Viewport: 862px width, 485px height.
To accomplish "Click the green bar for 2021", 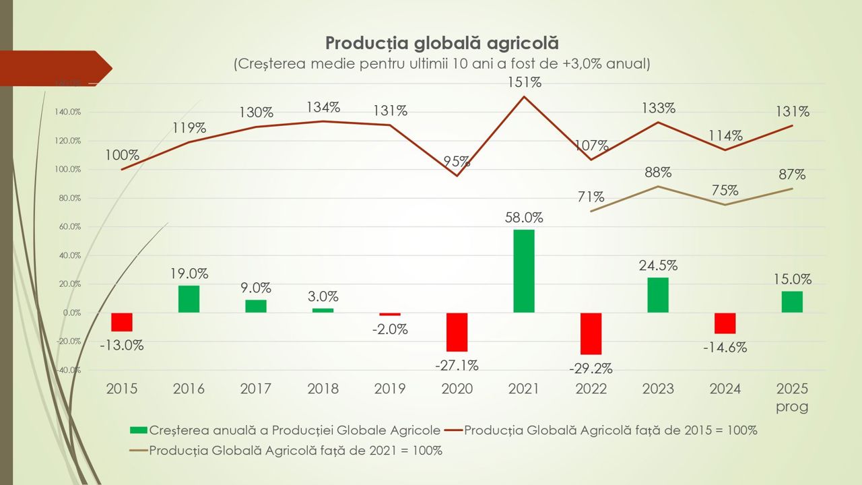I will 524,271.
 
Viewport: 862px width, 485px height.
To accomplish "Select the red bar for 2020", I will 457,332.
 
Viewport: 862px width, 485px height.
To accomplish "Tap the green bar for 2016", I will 189,298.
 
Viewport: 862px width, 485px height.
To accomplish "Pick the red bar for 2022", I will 591,333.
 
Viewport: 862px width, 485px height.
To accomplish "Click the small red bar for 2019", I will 390,314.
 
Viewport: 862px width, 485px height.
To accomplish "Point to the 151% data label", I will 525,82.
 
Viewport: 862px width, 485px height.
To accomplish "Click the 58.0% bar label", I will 524,218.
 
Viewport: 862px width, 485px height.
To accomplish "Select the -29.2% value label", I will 591,368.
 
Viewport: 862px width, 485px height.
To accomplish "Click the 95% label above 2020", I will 457,162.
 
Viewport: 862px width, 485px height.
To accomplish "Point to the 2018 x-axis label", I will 323,389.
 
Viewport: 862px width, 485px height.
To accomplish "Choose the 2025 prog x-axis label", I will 791,397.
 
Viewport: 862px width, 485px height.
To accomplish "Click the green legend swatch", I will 138,430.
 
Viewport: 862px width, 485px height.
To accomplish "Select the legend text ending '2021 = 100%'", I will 296,450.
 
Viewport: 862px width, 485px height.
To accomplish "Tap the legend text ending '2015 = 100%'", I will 610,430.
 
